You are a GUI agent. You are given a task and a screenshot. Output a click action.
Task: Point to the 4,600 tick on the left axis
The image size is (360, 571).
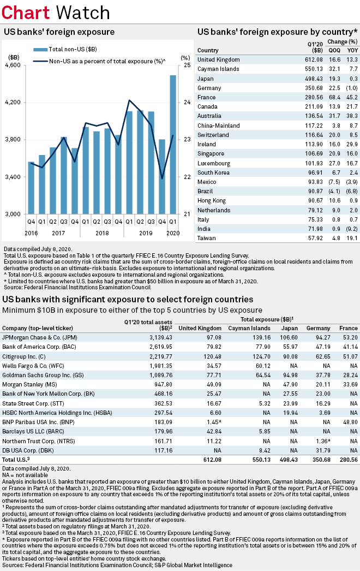tap(13, 66)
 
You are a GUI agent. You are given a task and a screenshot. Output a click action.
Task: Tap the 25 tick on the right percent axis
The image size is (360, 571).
tap(185, 66)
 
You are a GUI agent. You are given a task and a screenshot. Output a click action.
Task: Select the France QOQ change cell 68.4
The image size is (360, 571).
tap(334, 97)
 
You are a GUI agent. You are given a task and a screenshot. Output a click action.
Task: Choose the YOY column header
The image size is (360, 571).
tap(353, 50)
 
